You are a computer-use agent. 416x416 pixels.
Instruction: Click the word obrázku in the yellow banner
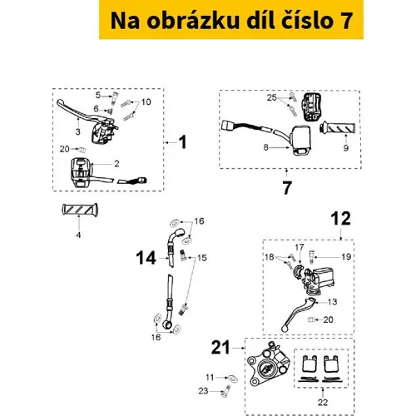pos(193,21)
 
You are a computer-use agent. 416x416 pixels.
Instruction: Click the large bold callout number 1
pos(183,142)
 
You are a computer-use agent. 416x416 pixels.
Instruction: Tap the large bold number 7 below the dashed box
pos(287,188)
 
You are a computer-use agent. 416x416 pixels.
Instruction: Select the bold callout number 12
pos(341,219)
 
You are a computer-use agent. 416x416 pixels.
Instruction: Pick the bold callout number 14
pos(146,258)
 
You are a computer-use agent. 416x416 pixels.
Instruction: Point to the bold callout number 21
pos(220,348)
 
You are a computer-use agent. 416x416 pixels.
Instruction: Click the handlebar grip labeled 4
pos(80,209)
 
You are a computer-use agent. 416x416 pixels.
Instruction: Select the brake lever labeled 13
pos(297,314)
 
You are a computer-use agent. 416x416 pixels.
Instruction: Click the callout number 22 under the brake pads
pos(323,402)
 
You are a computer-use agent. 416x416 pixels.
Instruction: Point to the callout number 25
pos(272,97)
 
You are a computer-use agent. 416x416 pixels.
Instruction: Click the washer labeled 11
pos(232,379)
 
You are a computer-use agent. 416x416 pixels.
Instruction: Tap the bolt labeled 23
pos(226,391)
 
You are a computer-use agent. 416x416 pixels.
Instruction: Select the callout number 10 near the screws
pos(146,102)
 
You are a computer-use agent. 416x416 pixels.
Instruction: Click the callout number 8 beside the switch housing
pos(265,147)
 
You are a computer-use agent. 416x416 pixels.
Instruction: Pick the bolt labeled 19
pos(311,257)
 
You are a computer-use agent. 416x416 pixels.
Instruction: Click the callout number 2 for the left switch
pos(116,164)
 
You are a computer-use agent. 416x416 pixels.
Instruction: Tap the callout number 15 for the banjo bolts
pos(202,258)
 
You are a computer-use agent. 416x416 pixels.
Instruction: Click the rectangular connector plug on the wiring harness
pos(229,126)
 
